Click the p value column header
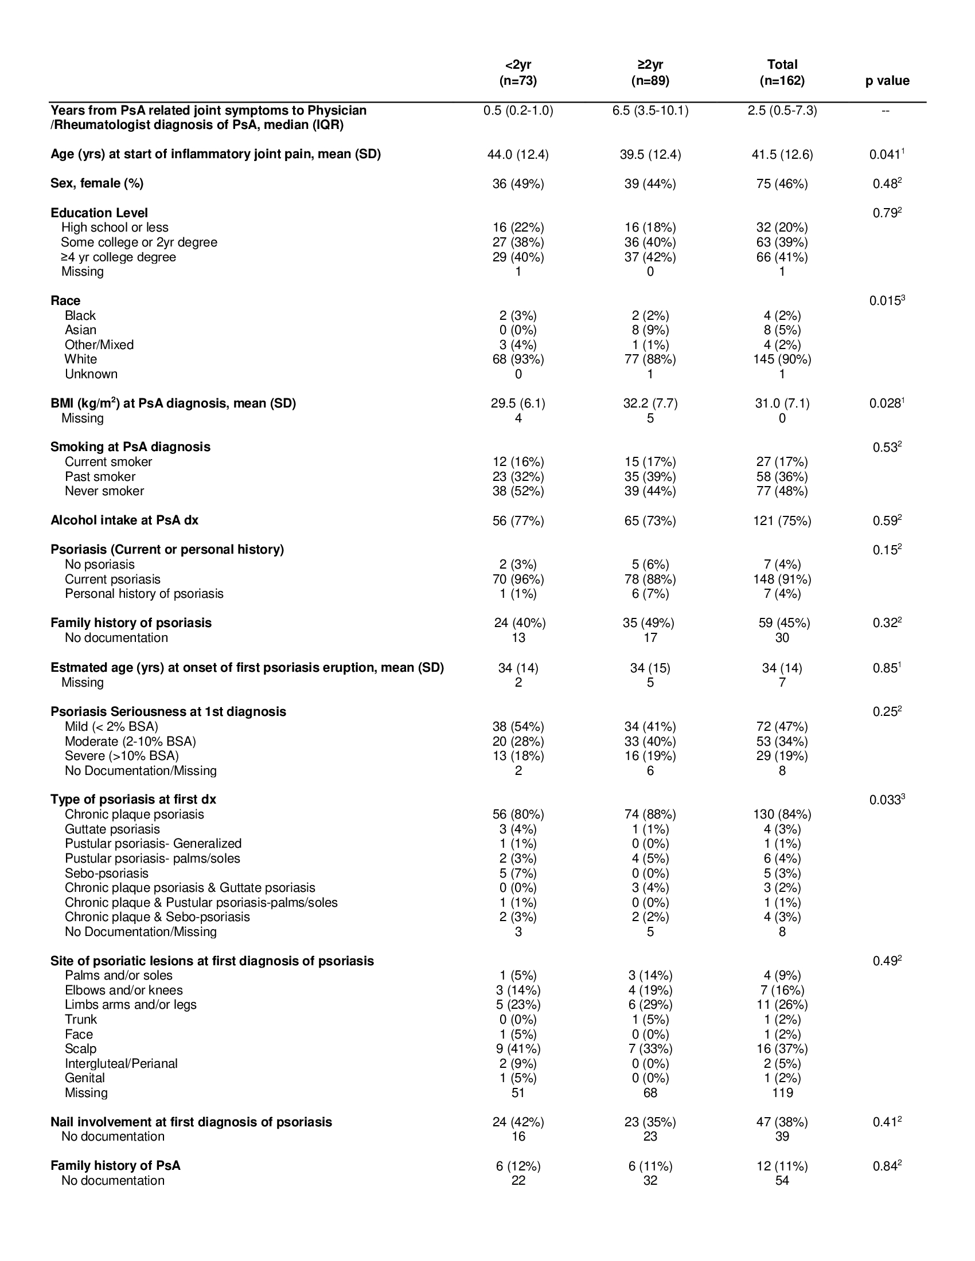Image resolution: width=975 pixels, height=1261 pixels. point(887,81)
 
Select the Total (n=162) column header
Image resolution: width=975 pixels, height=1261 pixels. point(782,73)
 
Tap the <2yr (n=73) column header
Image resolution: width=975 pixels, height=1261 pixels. point(518,73)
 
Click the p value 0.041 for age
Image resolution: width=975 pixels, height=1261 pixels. point(886,155)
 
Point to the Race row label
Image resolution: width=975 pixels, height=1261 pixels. point(65,301)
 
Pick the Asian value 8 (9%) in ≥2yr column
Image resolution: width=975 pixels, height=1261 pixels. point(650,330)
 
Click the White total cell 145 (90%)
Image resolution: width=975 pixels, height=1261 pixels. point(782,360)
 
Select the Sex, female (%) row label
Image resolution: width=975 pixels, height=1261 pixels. point(97,183)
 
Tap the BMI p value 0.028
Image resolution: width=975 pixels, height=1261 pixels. point(886,404)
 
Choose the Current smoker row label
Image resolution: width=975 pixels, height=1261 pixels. point(108,462)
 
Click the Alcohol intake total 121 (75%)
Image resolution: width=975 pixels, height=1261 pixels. point(782,521)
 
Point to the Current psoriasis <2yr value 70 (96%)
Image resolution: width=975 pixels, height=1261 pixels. point(518,579)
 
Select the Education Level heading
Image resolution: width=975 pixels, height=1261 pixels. point(99,213)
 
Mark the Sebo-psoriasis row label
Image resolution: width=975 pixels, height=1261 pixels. point(106,874)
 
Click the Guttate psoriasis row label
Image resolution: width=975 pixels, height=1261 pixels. point(112,830)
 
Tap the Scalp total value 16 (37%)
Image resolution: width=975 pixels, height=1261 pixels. point(782,1049)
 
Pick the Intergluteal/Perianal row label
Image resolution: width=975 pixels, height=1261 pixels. point(120,1063)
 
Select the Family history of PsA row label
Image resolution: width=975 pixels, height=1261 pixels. point(115,1166)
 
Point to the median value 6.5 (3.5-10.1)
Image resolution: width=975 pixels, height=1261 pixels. point(650,111)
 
